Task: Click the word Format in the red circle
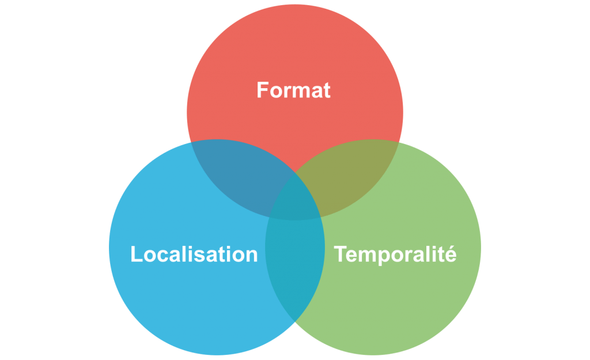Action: [294, 90]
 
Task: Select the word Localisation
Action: [194, 254]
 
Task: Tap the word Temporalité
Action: [395, 254]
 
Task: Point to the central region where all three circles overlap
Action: [294, 199]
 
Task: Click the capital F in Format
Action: [262, 90]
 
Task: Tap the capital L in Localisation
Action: [136, 254]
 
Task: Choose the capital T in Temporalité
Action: [341, 253]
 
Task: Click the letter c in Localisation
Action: [161, 255]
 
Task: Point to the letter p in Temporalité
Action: [381, 256]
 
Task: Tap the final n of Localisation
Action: [251, 255]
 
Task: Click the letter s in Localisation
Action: [198, 255]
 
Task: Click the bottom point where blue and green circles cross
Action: [295, 321]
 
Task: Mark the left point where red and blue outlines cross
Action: [188, 142]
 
